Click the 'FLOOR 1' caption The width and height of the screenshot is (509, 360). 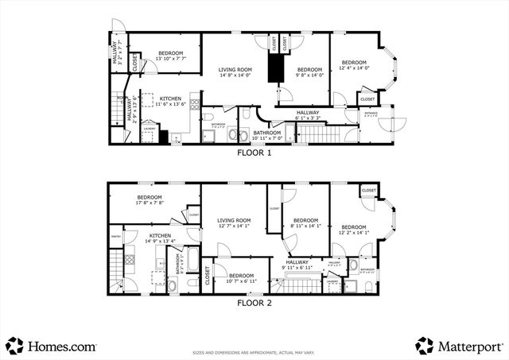(254, 153)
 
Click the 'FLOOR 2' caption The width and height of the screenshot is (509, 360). (254, 303)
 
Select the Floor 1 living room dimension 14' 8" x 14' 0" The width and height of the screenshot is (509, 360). (235, 76)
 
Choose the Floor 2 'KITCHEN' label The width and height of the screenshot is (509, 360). (160, 235)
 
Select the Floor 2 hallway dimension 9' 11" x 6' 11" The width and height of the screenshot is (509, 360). (297, 268)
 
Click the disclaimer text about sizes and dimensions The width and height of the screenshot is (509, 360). (254, 352)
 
